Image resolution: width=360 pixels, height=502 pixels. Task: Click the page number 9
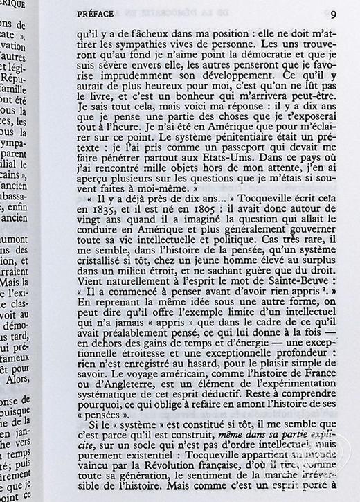pyautogui.click(x=333, y=13)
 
